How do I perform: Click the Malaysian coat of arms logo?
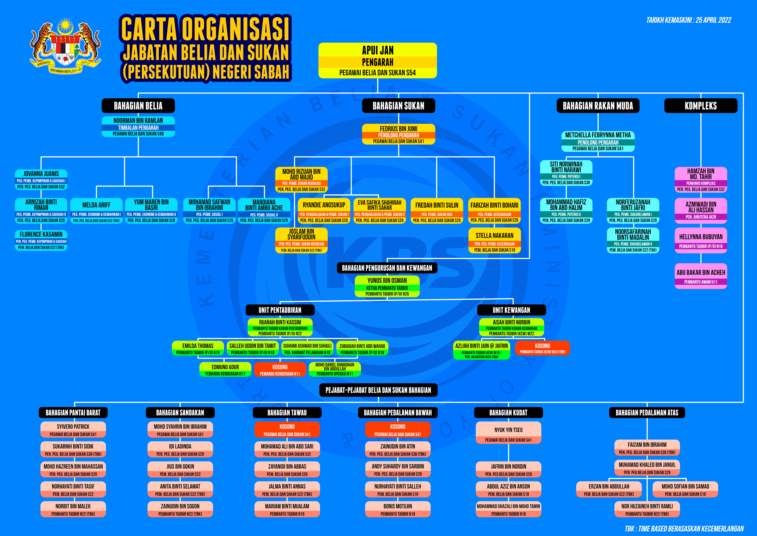tap(65, 46)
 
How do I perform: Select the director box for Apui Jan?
tap(377, 61)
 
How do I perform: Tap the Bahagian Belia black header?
tap(138, 106)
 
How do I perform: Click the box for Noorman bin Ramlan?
tap(138, 127)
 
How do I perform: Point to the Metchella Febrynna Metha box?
tap(598, 141)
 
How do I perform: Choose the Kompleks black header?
tap(701, 106)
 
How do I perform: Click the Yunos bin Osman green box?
tap(387, 286)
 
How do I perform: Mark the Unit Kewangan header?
tap(511, 310)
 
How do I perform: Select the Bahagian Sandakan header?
tap(180, 413)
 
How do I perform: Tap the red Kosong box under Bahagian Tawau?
tap(287, 430)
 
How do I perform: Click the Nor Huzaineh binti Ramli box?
tap(647, 509)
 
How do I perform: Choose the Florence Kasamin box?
tap(41, 240)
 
